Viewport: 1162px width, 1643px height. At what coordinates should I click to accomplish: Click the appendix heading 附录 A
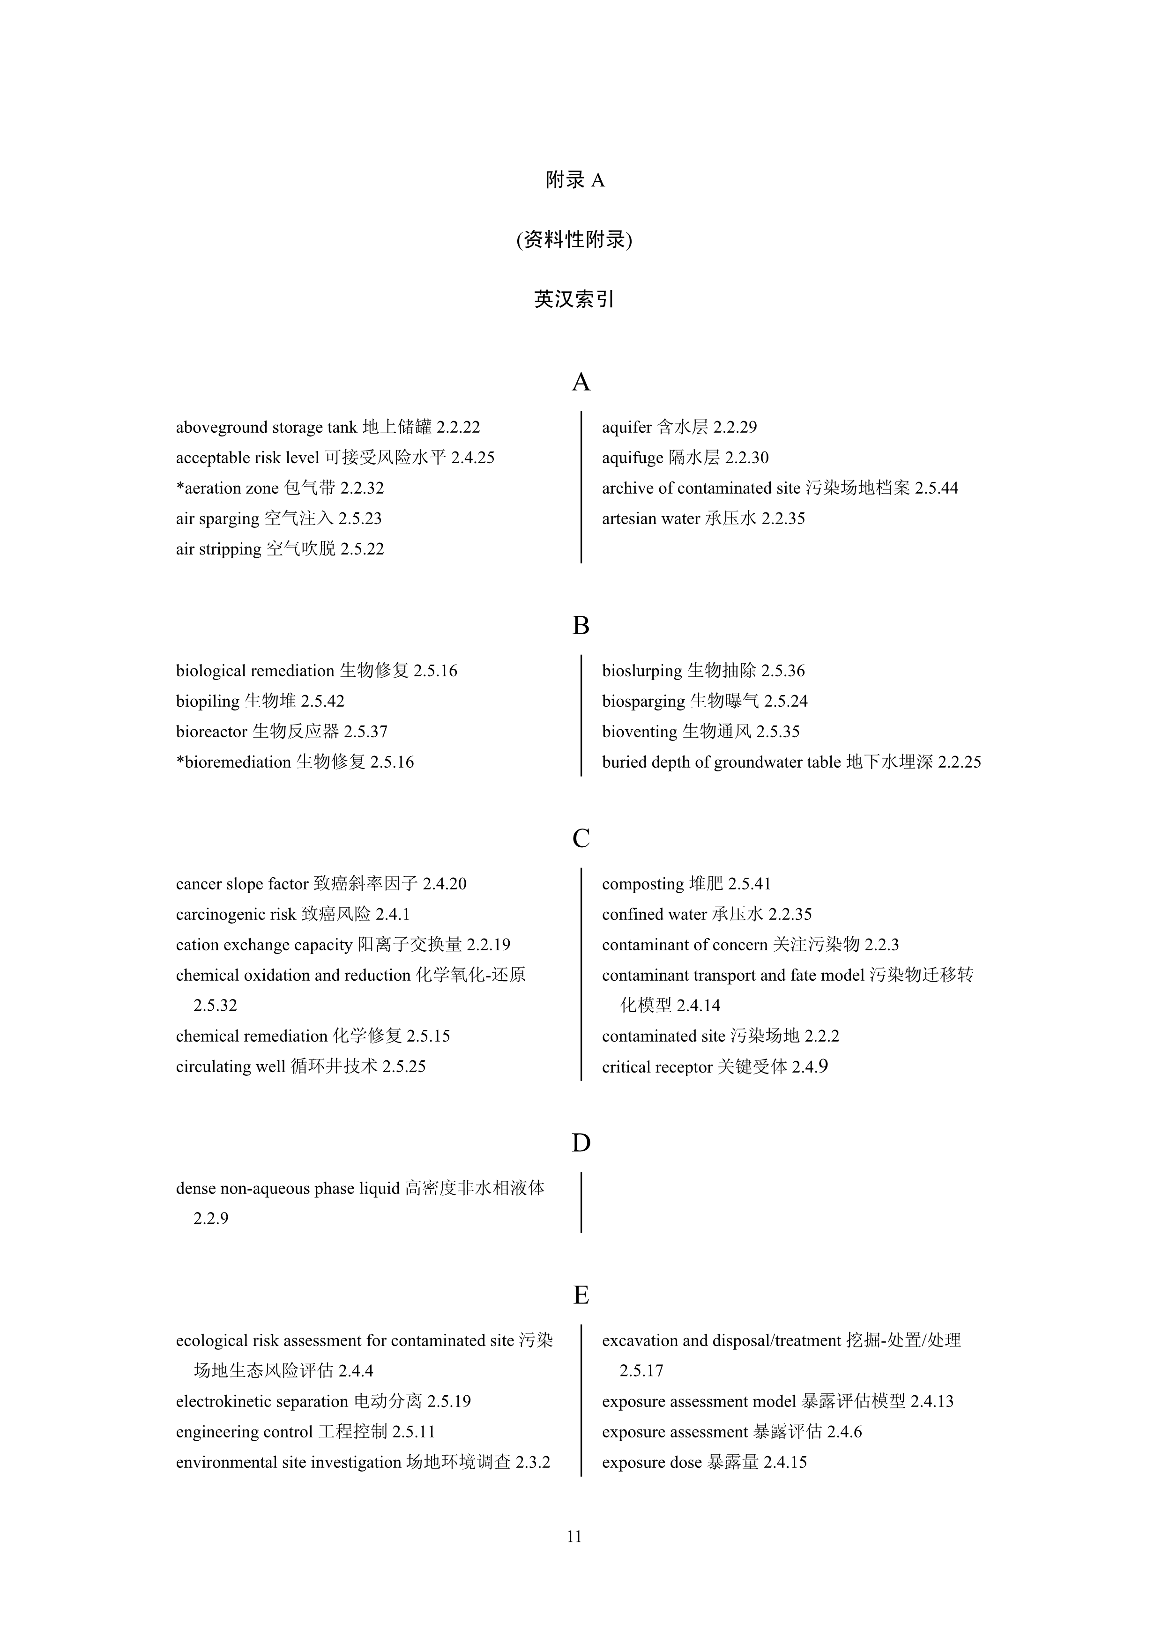tap(575, 180)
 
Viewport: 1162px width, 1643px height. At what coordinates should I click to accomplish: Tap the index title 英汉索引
tap(574, 299)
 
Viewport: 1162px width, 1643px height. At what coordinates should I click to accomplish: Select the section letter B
tap(581, 625)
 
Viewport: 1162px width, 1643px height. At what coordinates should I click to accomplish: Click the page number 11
tap(574, 1536)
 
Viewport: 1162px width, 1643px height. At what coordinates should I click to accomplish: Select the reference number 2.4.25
tap(473, 458)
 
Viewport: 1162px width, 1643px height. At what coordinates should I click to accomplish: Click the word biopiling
tap(208, 701)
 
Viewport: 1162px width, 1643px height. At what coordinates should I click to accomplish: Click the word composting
tap(643, 884)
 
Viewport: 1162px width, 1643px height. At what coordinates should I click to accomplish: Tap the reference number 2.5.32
tap(215, 1006)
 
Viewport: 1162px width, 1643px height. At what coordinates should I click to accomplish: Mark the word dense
tap(195, 1189)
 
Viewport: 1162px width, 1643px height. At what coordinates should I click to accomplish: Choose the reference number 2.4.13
tap(932, 1402)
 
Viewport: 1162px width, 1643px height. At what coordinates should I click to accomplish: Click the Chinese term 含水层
tap(682, 428)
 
